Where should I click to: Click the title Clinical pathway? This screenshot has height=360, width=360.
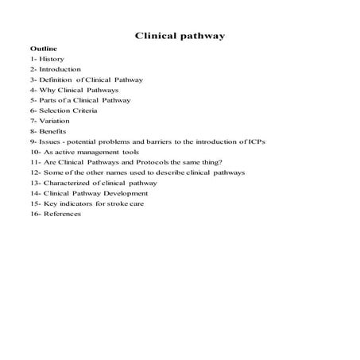coord(180,36)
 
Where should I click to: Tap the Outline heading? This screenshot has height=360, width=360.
coord(43,49)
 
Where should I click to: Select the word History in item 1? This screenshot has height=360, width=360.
coord(52,60)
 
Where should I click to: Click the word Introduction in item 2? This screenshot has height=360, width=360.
coord(60,70)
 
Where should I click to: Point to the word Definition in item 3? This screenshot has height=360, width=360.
coord(56,80)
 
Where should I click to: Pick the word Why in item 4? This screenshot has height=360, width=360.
coord(47,91)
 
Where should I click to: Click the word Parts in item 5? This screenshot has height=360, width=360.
coord(49,101)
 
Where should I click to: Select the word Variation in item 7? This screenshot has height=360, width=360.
coord(55,121)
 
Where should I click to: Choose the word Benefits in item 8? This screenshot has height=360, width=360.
coord(54,131)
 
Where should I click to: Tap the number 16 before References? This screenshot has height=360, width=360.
coord(34,214)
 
